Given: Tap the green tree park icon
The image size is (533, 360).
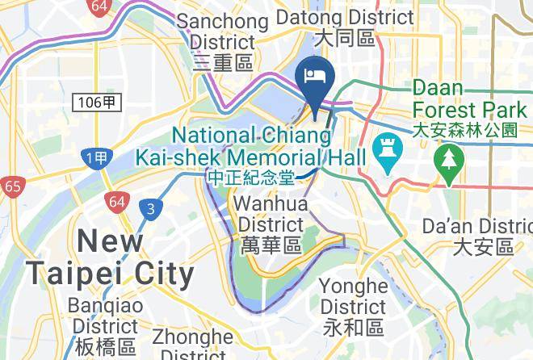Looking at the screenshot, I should coord(447,157).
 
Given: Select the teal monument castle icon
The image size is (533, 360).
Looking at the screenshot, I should coord(386,153).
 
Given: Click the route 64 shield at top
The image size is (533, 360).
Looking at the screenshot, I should coord(99,7).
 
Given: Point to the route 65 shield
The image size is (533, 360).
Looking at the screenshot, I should coord(12,187).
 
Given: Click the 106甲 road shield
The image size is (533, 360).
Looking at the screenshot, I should coord(99,102).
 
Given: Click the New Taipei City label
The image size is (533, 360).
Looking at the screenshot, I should coord(111,257).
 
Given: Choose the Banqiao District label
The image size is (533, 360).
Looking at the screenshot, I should coord(103,326).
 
